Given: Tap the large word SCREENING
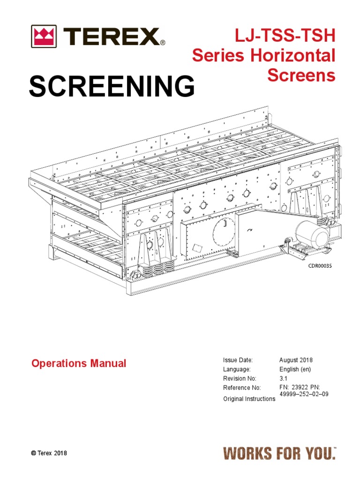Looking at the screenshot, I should coord(112,87).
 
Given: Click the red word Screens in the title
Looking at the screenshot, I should coord(301,75).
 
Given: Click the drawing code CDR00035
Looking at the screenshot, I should coord(320,266).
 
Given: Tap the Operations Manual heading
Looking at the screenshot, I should coord(78,363).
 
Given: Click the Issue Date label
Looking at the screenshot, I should coord(238,360).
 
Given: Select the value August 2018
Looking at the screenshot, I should coord(296,360).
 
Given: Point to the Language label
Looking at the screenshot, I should coord(237,369).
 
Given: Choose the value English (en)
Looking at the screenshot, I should coord(295,369).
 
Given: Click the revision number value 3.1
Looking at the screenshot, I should coord(283,379).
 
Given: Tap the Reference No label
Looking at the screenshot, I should coord(241,388).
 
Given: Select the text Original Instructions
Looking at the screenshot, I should coord(249,398).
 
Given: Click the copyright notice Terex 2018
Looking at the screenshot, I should coord(49,453).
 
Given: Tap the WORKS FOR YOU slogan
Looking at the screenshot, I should coord(279,453).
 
